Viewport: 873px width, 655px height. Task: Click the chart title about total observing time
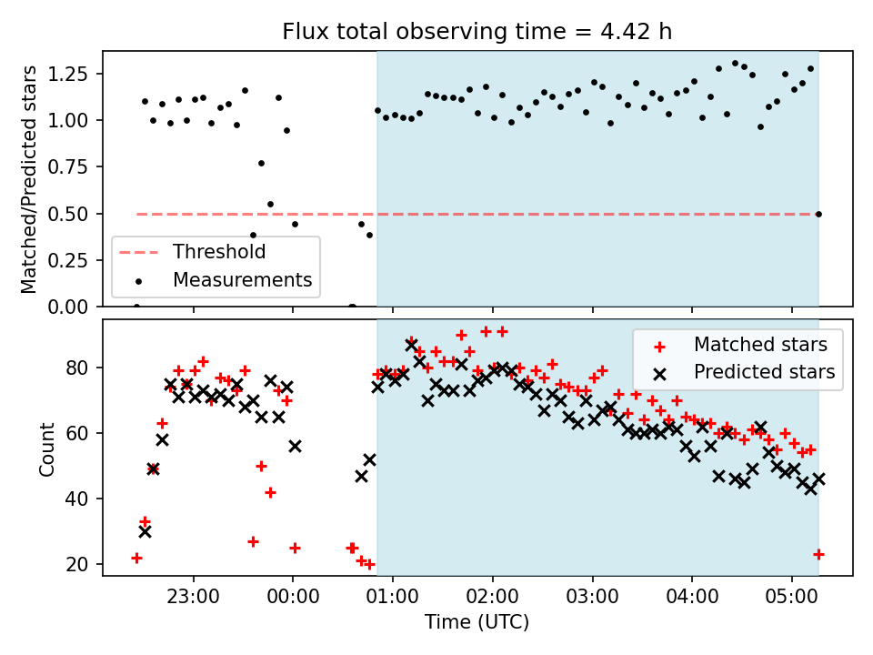(x=477, y=32)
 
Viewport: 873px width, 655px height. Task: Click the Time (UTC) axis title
(x=477, y=622)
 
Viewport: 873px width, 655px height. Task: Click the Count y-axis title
(x=46, y=448)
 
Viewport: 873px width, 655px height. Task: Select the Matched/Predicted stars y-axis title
(x=29, y=179)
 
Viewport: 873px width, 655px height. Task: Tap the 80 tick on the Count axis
(x=84, y=368)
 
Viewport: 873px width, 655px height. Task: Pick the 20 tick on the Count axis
(x=84, y=565)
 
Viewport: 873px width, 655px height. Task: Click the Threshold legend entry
(x=219, y=252)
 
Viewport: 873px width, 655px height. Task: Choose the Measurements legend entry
(x=242, y=279)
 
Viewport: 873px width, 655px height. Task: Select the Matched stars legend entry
(x=759, y=345)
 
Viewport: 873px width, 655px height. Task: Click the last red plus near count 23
(x=818, y=554)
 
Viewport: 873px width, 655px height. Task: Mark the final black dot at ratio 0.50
(x=818, y=214)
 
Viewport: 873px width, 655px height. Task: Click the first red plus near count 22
(x=136, y=558)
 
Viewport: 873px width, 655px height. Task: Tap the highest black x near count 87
(x=411, y=346)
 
